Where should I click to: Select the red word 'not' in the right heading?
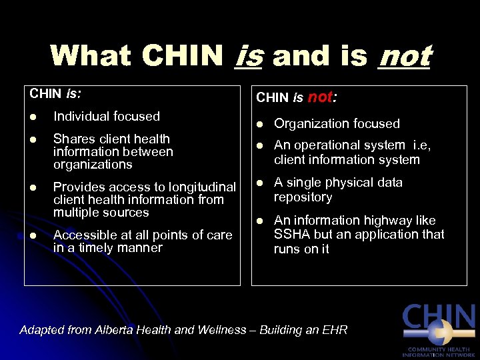(x=320, y=97)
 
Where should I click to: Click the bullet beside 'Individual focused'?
(x=33, y=117)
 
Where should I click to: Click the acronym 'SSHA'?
(x=291, y=235)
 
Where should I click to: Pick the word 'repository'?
(x=303, y=197)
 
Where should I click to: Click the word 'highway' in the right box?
(x=375, y=220)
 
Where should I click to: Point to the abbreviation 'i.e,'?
(x=423, y=145)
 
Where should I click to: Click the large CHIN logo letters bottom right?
(x=438, y=319)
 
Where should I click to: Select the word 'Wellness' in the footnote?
(x=223, y=330)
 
